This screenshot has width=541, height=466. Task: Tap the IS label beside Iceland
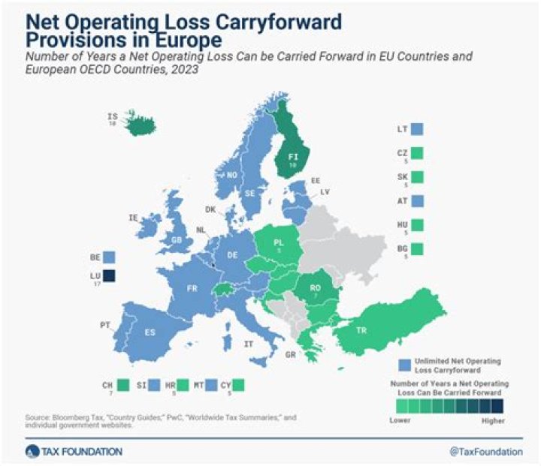pos(113,116)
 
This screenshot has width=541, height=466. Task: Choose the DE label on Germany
pos(233,255)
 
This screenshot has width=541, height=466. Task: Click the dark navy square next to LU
pos(110,277)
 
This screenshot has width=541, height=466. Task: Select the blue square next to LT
pos(417,129)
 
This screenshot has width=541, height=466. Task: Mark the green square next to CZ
pos(417,153)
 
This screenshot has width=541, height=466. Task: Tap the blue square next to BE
pos(110,257)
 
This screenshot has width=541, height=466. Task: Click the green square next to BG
pos(417,248)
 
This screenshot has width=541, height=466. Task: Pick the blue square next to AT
pos(417,201)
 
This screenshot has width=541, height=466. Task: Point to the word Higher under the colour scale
pos(493,422)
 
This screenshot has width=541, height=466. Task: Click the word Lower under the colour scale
pos(400,422)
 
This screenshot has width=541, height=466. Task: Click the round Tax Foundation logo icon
pos(32,451)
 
